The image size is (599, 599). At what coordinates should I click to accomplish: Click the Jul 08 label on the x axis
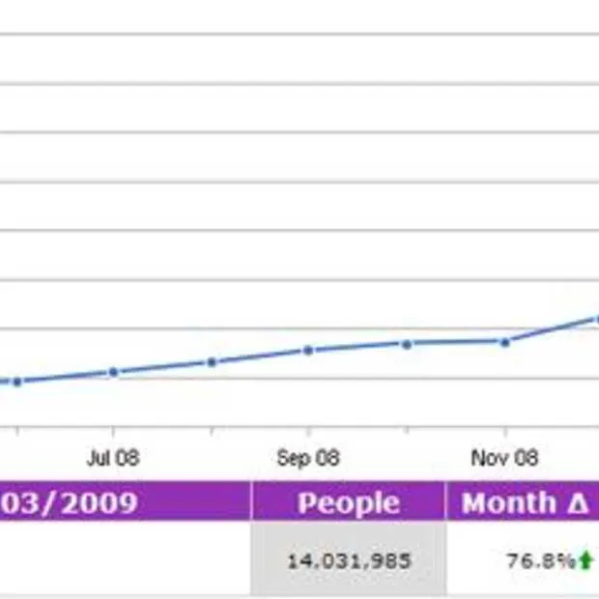[x=112, y=458]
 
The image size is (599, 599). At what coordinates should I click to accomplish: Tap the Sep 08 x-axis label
[x=308, y=458]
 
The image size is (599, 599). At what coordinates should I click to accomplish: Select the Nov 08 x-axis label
[x=504, y=458]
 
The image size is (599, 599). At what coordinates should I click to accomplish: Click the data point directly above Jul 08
[x=113, y=372]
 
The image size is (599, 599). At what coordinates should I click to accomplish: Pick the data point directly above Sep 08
[x=308, y=350]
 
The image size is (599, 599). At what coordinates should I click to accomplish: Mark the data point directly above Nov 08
[x=504, y=341]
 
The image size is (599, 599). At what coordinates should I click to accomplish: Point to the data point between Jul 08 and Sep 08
[x=212, y=362]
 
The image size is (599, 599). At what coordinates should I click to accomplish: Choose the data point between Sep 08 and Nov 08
[x=407, y=343]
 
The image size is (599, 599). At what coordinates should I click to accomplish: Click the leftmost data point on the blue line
[x=16, y=382]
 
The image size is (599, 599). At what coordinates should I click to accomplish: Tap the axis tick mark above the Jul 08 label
[x=113, y=432]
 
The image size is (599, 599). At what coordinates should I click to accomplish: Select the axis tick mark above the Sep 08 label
[x=308, y=432]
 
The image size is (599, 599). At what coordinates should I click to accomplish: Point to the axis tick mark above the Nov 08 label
[x=504, y=432]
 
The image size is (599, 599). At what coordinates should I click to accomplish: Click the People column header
[x=348, y=503]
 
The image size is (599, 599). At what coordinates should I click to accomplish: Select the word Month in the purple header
[x=508, y=503]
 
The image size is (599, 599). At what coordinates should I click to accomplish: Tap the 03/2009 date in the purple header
[x=68, y=503]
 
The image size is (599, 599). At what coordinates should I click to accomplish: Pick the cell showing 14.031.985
[x=349, y=560]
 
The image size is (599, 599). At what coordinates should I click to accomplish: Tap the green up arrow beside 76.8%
[x=585, y=560]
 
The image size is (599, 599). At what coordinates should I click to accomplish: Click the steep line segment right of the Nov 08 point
[x=551, y=329]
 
